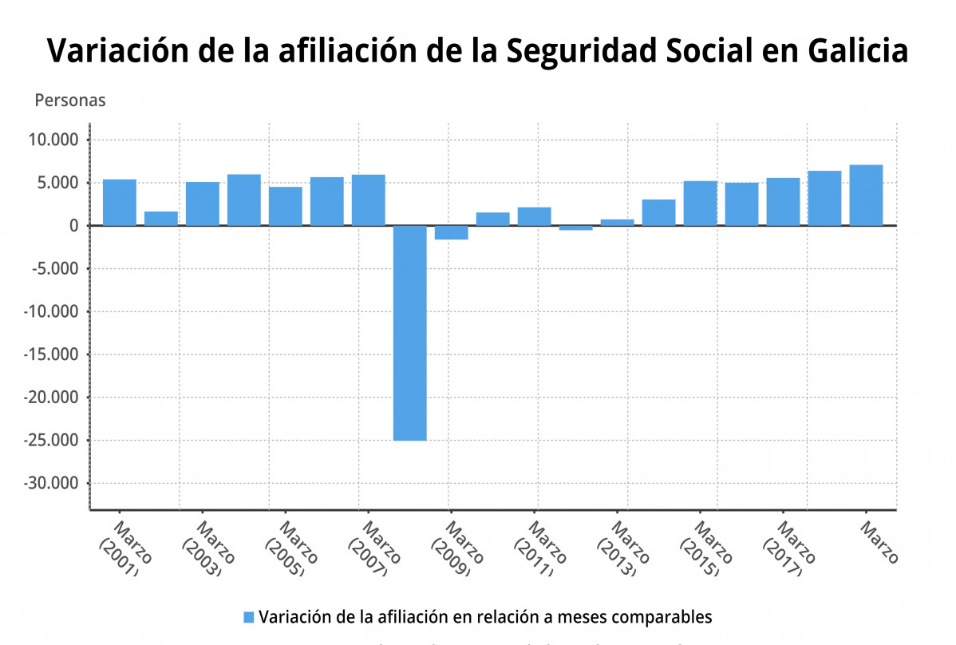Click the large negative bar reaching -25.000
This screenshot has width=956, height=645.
409,332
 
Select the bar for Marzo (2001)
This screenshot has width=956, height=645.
119,202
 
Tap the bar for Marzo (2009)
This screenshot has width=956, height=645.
451,232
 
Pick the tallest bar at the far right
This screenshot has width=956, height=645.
866,195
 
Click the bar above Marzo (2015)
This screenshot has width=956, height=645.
700,203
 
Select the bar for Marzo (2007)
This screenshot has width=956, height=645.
368,200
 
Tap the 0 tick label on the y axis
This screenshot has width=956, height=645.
72,226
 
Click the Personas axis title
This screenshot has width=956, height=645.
70,101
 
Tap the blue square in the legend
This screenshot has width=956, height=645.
248,617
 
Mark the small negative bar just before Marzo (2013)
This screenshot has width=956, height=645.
575,228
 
